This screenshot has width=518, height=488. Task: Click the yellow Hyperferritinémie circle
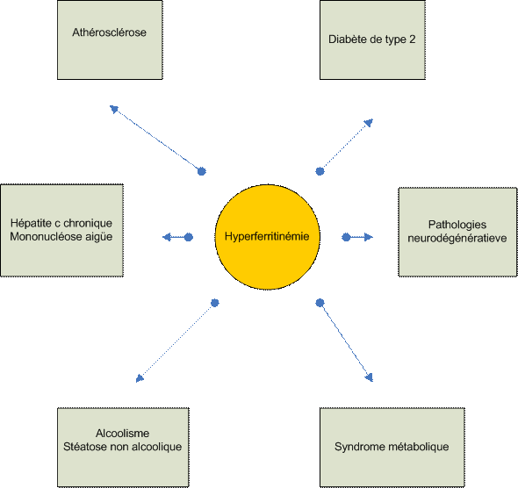(267, 237)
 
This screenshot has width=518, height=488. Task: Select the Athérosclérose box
(110, 40)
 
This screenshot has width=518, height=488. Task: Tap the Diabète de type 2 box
(372, 40)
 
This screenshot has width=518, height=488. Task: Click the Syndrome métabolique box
(392, 448)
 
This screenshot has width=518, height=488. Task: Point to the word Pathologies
(457, 225)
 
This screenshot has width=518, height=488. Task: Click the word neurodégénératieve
(457, 239)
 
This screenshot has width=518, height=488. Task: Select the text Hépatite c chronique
(61, 223)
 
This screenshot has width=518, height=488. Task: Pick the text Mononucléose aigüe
(61, 237)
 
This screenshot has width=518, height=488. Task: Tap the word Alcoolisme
(123, 434)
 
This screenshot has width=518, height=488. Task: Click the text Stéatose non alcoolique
(123, 447)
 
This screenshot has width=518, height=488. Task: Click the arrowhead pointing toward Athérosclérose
(113, 109)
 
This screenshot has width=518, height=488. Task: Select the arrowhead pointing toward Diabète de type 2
(369, 123)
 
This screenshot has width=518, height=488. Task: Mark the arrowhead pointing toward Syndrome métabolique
(369, 377)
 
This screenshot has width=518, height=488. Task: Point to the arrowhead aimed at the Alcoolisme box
(140, 378)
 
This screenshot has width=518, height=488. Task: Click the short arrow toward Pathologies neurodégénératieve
(357, 237)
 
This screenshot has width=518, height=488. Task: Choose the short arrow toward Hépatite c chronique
(177, 237)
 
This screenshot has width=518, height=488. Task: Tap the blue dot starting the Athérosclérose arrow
(202, 171)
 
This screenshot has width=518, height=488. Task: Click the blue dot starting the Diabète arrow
(320, 171)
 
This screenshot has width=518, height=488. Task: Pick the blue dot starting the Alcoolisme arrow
(215, 303)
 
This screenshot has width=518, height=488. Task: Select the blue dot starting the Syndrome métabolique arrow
(320, 303)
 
